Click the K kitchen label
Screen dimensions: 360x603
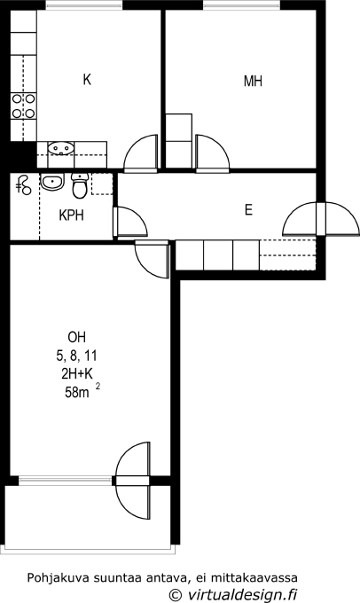(87, 80)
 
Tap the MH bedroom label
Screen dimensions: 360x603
(253, 82)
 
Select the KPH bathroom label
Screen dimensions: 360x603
(72, 215)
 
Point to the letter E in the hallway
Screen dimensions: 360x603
(248, 210)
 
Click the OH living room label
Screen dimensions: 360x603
(76, 337)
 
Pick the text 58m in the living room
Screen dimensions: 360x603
(77, 393)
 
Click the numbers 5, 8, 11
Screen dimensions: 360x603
(76, 356)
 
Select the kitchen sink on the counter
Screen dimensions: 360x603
(61, 148)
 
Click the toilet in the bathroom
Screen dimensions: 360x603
(80, 185)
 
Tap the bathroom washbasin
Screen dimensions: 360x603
(52, 182)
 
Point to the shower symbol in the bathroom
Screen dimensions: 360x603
(23, 185)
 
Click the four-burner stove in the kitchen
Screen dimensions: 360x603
(23, 106)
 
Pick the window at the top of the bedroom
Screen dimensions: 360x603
(241, 5)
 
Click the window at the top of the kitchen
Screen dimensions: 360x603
(84, 5)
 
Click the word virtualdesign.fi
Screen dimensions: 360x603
(242, 594)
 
